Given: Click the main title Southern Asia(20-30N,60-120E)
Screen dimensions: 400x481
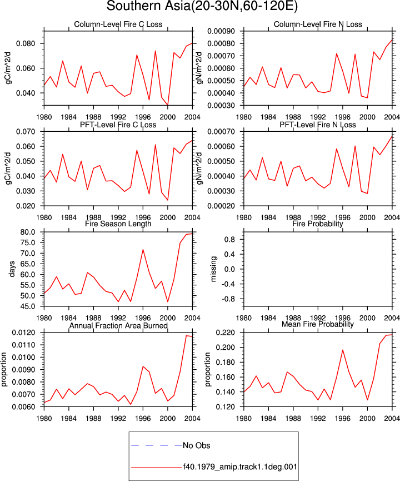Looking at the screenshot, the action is pyautogui.click(x=202, y=6).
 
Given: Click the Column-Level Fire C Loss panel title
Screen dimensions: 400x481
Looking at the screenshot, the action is pyautogui.click(x=118, y=24).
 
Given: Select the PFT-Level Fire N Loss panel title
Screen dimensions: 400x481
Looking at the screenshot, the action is pyautogui.click(x=318, y=125).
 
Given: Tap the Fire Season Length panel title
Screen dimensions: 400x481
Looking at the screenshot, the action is pyautogui.click(x=118, y=224).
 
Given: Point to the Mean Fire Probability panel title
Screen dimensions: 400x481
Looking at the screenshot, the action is pyautogui.click(x=318, y=324).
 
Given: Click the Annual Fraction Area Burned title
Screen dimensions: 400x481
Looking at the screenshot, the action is pyautogui.click(x=118, y=325).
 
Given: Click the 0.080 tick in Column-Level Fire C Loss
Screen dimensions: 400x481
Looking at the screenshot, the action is pyautogui.click(x=26, y=43).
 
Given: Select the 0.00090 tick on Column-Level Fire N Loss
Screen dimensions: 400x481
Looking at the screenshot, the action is pyautogui.click(x=221, y=31).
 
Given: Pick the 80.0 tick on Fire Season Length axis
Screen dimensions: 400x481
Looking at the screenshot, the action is pyautogui.click(x=28, y=232).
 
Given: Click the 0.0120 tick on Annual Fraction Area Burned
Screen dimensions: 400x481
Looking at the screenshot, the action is pyautogui.click(x=24, y=333).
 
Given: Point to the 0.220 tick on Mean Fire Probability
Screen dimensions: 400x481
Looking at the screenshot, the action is pyautogui.click(x=226, y=333).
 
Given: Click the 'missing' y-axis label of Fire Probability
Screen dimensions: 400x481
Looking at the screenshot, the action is pyautogui.click(x=214, y=269).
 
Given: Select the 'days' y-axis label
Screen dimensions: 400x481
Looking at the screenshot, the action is pyautogui.click(x=12, y=269).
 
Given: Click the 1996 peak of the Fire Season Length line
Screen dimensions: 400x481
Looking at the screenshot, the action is pyautogui.click(x=143, y=249).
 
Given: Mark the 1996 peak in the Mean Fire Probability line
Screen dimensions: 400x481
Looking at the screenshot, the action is pyautogui.click(x=343, y=350).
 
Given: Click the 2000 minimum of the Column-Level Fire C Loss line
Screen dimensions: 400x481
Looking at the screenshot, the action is pyautogui.click(x=168, y=105).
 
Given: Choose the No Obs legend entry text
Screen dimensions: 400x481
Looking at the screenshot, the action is pyautogui.click(x=197, y=445).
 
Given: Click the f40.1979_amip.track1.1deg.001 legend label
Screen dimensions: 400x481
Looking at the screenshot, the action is pyautogui.click(x=240, y=467).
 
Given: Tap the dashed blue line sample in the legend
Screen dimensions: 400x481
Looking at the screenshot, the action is pyautogui.click(x=156, y=445).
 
